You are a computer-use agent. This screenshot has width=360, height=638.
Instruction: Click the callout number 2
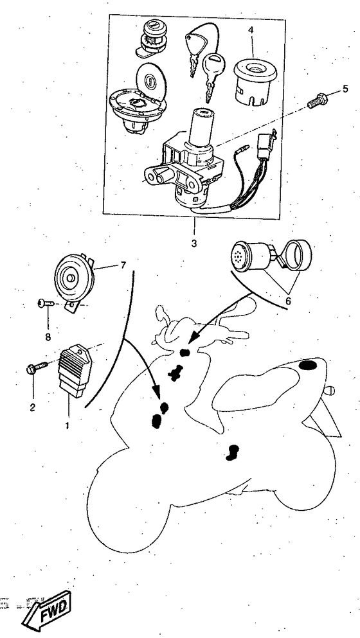pos(32,407)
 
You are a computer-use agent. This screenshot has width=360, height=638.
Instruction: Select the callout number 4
pos(251,30)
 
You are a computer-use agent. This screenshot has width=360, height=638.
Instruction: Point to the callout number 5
pos(345,89)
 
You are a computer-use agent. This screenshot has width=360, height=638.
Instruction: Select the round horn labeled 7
pos(76,278)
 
